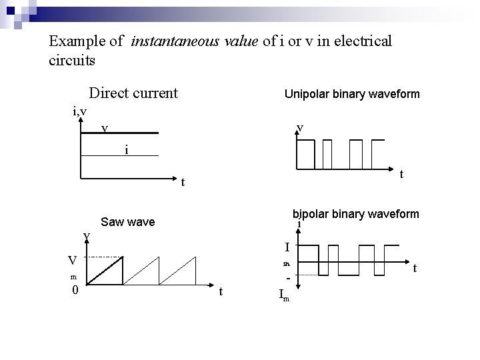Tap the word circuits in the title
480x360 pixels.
point(72,60)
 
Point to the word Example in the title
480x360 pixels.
point(76,41)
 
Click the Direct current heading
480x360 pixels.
point(133,93)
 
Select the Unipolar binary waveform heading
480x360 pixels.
point(352,94)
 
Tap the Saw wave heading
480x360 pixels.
point(127,221)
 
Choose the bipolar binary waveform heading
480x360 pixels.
point(356,214)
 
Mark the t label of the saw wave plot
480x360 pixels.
point(221,291)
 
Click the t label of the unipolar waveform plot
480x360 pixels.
point(401,174)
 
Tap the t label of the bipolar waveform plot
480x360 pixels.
point(415,268)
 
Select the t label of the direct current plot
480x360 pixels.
point(183,181)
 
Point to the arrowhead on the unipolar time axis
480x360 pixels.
point(391,167)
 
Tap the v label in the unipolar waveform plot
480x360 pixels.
point(301,127)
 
